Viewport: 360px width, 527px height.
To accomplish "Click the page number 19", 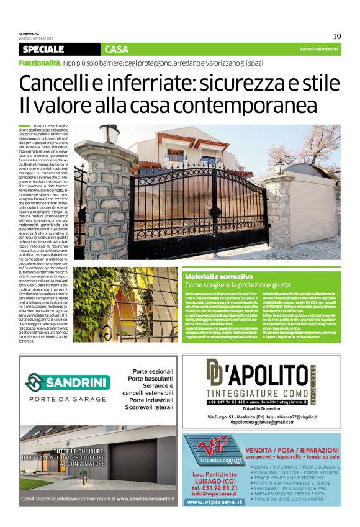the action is coord(337,36).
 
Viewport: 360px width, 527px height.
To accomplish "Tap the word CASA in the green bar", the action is coord(116,49).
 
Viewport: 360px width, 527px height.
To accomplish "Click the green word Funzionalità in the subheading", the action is coord(40,63).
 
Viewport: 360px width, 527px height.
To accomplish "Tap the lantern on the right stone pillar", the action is coord(279,166).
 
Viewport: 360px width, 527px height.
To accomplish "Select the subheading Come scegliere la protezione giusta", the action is coord(238,284).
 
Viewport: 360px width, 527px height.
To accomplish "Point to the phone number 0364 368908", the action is coord(40,498).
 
